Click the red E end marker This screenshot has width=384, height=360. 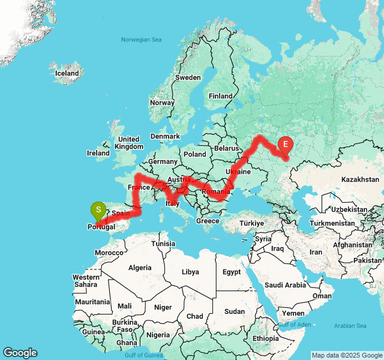286,145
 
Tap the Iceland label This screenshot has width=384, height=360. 67,73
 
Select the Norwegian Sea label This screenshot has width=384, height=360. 142,40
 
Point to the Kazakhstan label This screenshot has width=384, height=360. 361,179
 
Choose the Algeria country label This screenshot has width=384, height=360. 140,268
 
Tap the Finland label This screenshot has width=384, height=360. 220,96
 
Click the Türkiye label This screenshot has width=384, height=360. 252,223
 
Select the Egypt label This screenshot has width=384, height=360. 231,272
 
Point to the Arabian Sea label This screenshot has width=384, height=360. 350,326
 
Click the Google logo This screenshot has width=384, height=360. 20,353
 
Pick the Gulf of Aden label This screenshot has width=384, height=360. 294,324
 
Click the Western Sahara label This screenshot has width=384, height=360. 86,280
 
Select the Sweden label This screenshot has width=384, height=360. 188,77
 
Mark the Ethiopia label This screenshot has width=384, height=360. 265,338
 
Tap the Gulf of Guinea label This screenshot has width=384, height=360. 145,355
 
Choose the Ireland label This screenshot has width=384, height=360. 98,153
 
